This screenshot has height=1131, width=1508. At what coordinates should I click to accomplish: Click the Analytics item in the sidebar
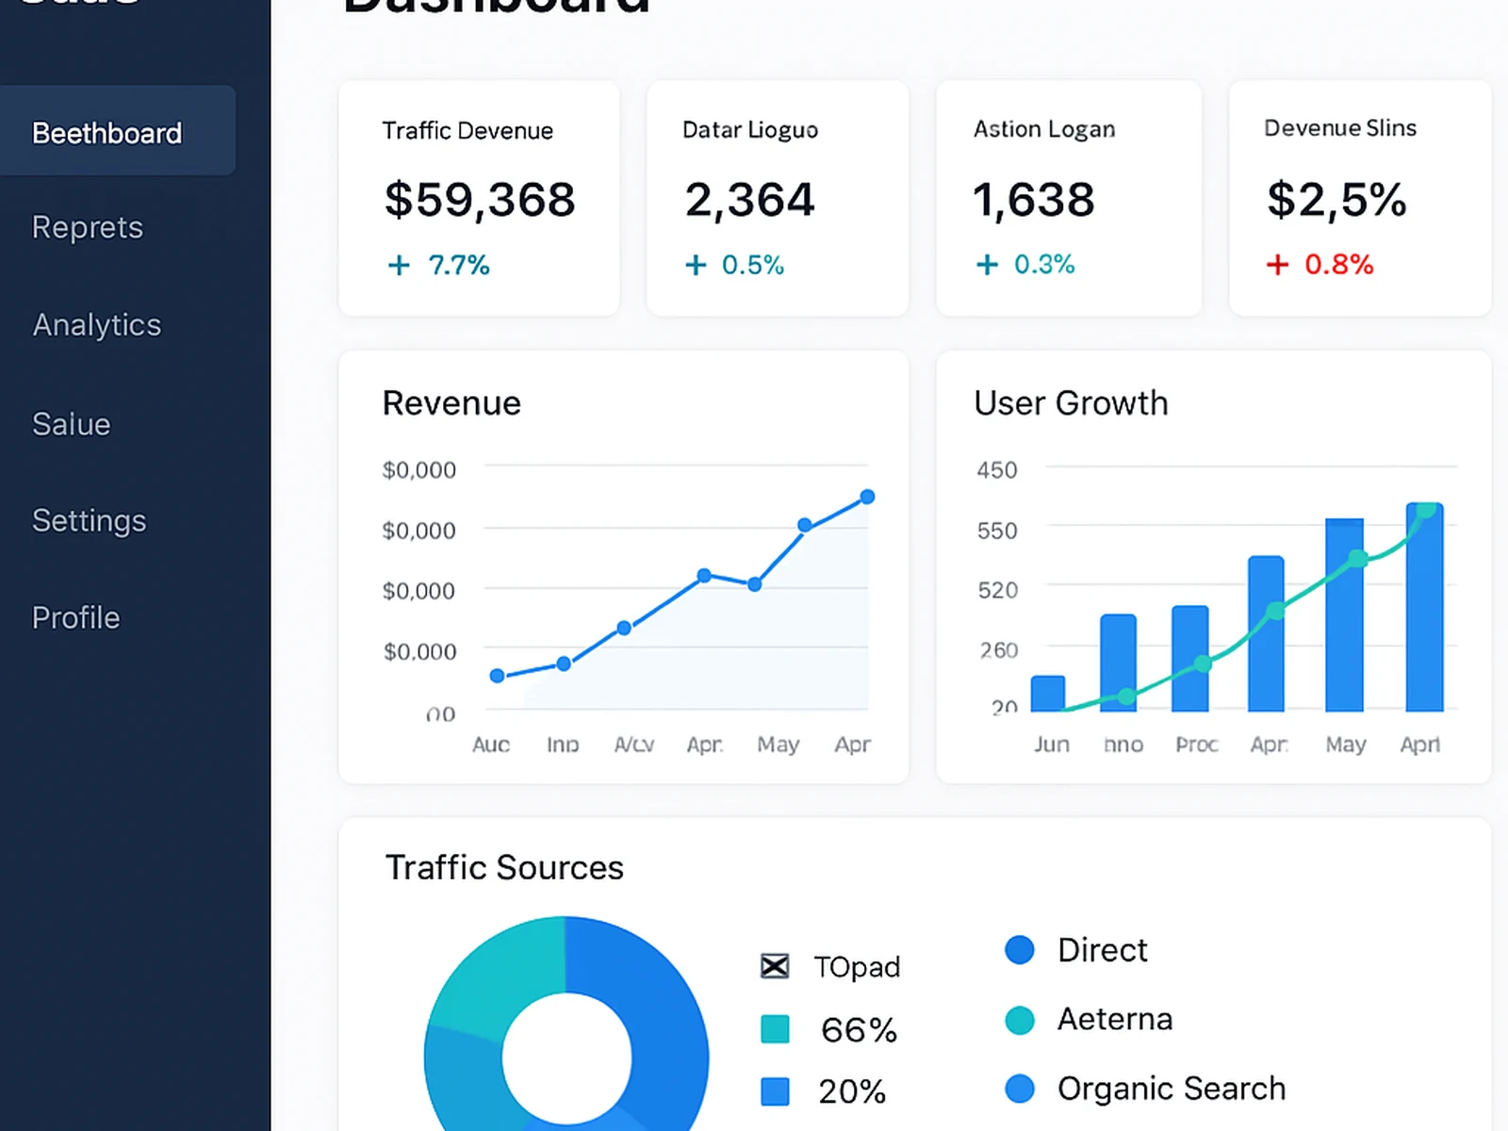(x=97, y=325)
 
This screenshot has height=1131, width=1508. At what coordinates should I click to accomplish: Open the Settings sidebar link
(x=90, y=520)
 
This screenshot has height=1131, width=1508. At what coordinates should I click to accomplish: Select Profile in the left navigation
(x=76, y=617)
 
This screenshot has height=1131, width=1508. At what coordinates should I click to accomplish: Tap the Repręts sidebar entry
(x=88, y=227)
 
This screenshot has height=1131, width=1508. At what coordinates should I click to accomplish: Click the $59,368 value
(x=480, y=200)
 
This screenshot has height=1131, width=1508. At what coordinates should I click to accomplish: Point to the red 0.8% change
(x=1337, y=265)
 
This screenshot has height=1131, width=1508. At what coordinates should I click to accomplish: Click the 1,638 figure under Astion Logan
(x=1034, y=200)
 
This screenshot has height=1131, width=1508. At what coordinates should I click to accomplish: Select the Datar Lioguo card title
(x=750, y=130)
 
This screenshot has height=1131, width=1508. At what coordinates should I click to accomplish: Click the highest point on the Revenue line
(x=867, y=497)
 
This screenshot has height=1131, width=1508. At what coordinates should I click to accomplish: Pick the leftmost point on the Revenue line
(x=498, y=675)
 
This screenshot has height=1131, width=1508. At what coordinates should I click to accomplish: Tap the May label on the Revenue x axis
(x=779, y=745)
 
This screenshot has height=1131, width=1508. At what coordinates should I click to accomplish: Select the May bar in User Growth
(x=1344, y=615)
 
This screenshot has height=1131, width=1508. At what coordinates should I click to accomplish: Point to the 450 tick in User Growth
(x=997, y=469)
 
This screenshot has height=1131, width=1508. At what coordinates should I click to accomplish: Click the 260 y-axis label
(x=999, y=650)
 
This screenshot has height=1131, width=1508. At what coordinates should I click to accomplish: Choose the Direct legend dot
(x=1020, y=950)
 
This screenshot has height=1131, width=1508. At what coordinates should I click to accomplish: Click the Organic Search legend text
(x=1172, y=1089)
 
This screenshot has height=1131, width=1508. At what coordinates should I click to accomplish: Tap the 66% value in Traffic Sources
(x=859, y=1030)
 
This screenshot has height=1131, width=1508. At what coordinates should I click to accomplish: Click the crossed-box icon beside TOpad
(x=775, y=966)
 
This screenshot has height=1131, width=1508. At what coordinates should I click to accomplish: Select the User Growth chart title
(x=1071, y=403)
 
